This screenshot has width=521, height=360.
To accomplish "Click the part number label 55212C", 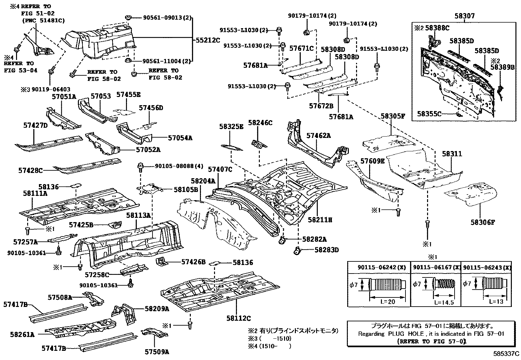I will pos(208,40).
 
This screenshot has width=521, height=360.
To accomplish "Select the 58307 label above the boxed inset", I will pos(464,16).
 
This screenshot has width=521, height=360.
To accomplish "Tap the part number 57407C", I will pos(220,169).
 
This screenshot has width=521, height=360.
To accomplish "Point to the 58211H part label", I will pos(320,220).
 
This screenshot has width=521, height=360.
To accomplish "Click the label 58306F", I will pos(483,222).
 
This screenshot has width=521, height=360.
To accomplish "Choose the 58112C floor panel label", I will pos(238,318).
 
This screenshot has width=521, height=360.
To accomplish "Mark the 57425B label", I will pos(81,225).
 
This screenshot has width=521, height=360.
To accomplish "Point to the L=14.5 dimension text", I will pos(444,302).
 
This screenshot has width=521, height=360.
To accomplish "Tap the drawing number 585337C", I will pos(507,354).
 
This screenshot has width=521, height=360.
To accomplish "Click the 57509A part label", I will pos(157,352).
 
